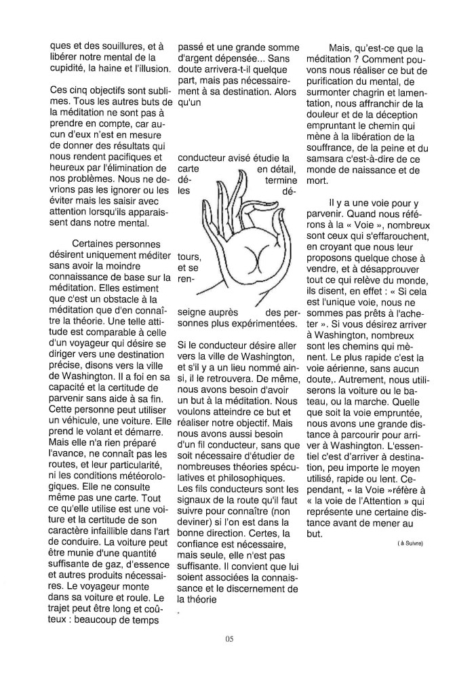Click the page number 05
click(x=231, y=638)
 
